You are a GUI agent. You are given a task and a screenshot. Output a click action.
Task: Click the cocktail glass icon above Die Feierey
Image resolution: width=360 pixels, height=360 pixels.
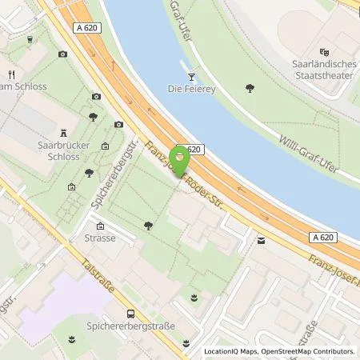click(190, 77)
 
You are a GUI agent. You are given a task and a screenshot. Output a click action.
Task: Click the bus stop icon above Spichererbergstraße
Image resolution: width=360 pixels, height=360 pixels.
click(130, 314)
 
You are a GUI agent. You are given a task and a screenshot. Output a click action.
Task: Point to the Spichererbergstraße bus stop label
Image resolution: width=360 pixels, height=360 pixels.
click(130, 326)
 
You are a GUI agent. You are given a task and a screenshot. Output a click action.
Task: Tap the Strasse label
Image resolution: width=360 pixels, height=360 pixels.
click(101, 238)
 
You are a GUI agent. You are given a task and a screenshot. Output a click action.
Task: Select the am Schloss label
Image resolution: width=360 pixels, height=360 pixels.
click(25, 86)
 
